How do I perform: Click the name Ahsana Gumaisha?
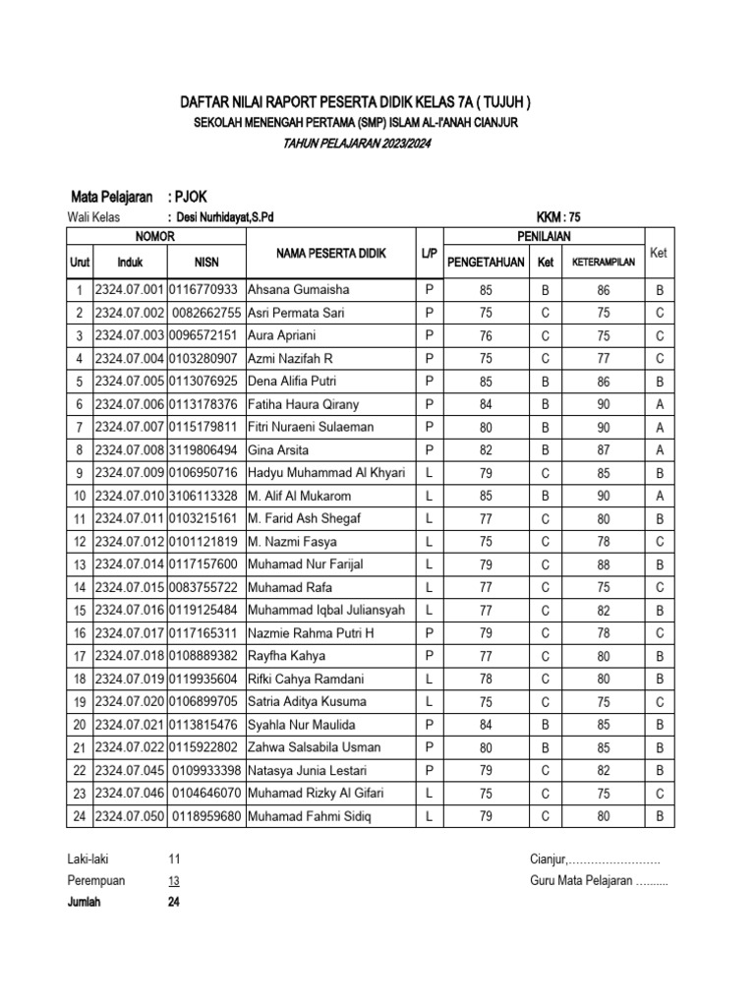click(298, 291)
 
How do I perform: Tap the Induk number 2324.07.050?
click(129, 816)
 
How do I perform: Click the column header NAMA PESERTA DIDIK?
click(331, 254)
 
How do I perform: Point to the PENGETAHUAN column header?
click(486, 263)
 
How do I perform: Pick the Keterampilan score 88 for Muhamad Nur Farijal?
click(604, 565)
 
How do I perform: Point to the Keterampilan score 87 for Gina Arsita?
click(604, 450)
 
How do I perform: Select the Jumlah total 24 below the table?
click(174, 901)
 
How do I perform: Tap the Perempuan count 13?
click(174, 880)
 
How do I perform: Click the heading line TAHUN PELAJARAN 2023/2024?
click(357, 144)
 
